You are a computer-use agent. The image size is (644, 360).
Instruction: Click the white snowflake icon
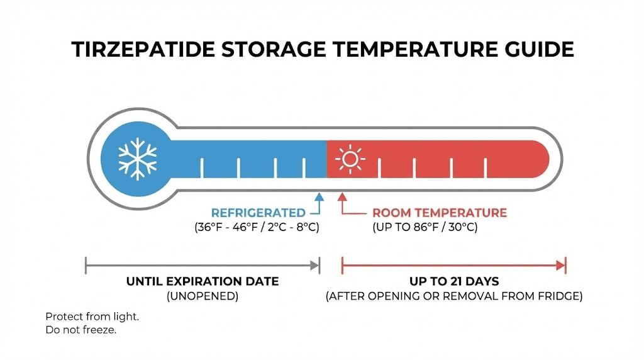pyautogui.click(x=136, y=157)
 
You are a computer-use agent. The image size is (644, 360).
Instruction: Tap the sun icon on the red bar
pyautogui.click(x=350, y=159)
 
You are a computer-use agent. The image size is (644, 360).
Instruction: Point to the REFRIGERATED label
pyautogui.click(x=258, y=213)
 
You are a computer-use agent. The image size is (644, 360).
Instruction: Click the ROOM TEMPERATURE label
pyautogui.click(x=440, y=213)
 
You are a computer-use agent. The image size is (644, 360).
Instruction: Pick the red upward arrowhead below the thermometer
pyautogui.click(x=342, y=197)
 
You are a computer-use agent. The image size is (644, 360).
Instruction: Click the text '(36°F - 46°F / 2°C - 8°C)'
pyautogui.click(x=257, y=227)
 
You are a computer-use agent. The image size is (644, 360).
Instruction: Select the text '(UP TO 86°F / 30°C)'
pyautogui.click(x=425, y=227)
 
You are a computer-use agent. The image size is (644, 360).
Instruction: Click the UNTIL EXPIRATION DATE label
pyautogui.click(x=203, y=281)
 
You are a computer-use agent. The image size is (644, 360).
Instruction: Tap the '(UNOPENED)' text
pyautogui.click(x=203, y=296)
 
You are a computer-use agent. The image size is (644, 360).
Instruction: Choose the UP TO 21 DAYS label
pyautogui.click(x=453, y=281)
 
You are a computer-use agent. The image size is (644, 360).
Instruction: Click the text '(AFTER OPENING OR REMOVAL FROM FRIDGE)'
pyautogui.click(x=453, y=296)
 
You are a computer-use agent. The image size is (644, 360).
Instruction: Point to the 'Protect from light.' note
pyautogui.click(x=92, y=317)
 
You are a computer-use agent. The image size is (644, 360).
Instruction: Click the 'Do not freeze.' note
pyautogui.click(x=81, y=330)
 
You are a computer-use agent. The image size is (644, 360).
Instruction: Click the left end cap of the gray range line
pyautogui.click(x=86, y=266)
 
